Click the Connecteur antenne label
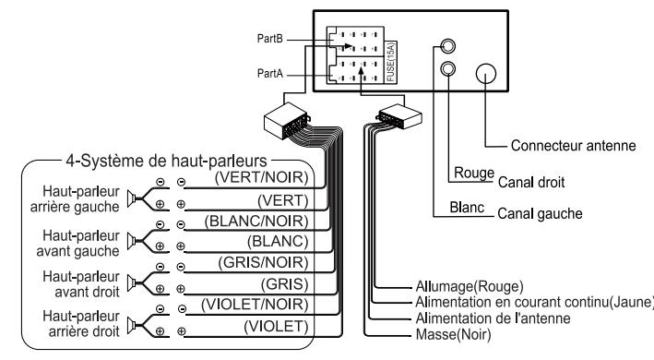(565, 146)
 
